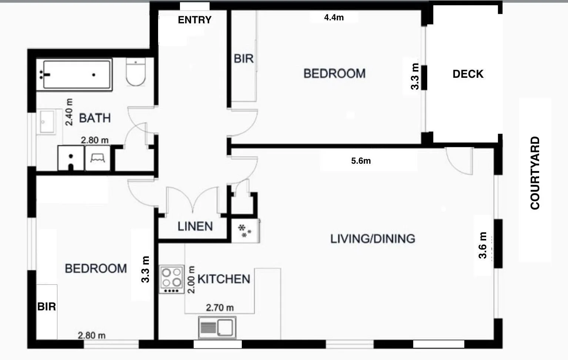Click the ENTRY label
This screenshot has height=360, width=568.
tap(194, 20)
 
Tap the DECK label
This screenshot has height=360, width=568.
tap(468, 74)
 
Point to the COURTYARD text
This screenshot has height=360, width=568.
tap(535, 173)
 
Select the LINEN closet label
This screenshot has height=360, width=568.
tap(195, 226)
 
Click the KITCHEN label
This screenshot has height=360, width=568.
tap(224, 279)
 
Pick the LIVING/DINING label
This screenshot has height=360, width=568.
tap(373, 239)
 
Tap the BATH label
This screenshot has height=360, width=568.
tap(95, 118)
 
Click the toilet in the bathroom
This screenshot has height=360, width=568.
tap(136, 72)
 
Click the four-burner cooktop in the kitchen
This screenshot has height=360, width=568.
tap(171, 279)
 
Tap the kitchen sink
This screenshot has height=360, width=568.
tap(217, 327)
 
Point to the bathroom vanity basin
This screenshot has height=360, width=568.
tap(47, 122)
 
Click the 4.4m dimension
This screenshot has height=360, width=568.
tap(334, 17)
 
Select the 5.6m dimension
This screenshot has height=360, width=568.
tap(361, 161)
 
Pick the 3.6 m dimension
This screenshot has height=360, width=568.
tap(482, 245)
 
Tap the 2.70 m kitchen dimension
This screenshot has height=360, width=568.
tap(220, 308)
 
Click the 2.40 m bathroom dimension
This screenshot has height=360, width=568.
tap(69, 112)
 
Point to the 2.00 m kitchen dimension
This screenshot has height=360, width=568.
tap(191, 280)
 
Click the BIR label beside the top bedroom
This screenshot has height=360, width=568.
tap(244, 59)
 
